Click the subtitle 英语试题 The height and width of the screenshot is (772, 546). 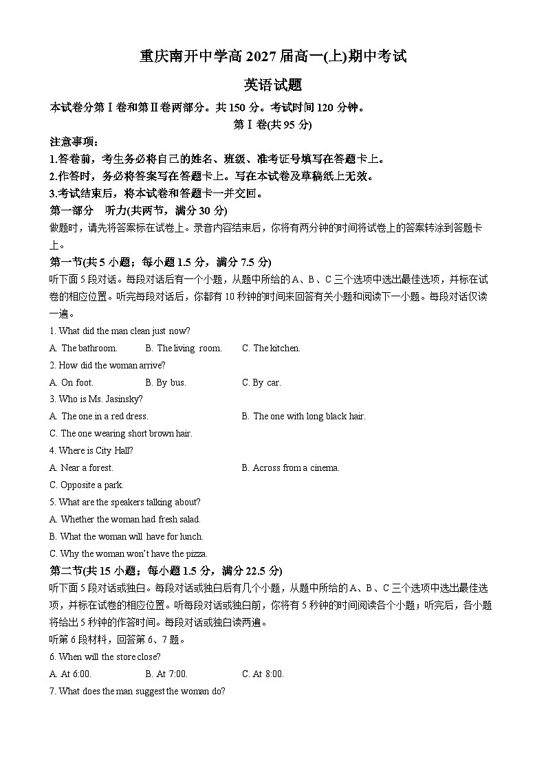click(273, 85)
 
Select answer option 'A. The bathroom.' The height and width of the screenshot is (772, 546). click(83, 349)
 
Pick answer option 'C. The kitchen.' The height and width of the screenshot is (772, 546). click(271, 349)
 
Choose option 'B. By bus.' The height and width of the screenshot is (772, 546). click(166, 382)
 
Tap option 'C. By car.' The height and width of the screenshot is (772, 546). click(261, 382)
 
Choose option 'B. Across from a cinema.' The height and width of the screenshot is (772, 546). click(291, 468)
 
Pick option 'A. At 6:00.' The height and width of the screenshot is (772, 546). click(70, 674)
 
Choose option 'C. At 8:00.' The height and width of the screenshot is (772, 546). click(263, 674)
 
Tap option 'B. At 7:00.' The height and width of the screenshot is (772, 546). click(166, 674)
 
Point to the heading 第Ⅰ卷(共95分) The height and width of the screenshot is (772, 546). click(273, 124)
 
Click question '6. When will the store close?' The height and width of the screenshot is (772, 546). click(105, 657)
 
